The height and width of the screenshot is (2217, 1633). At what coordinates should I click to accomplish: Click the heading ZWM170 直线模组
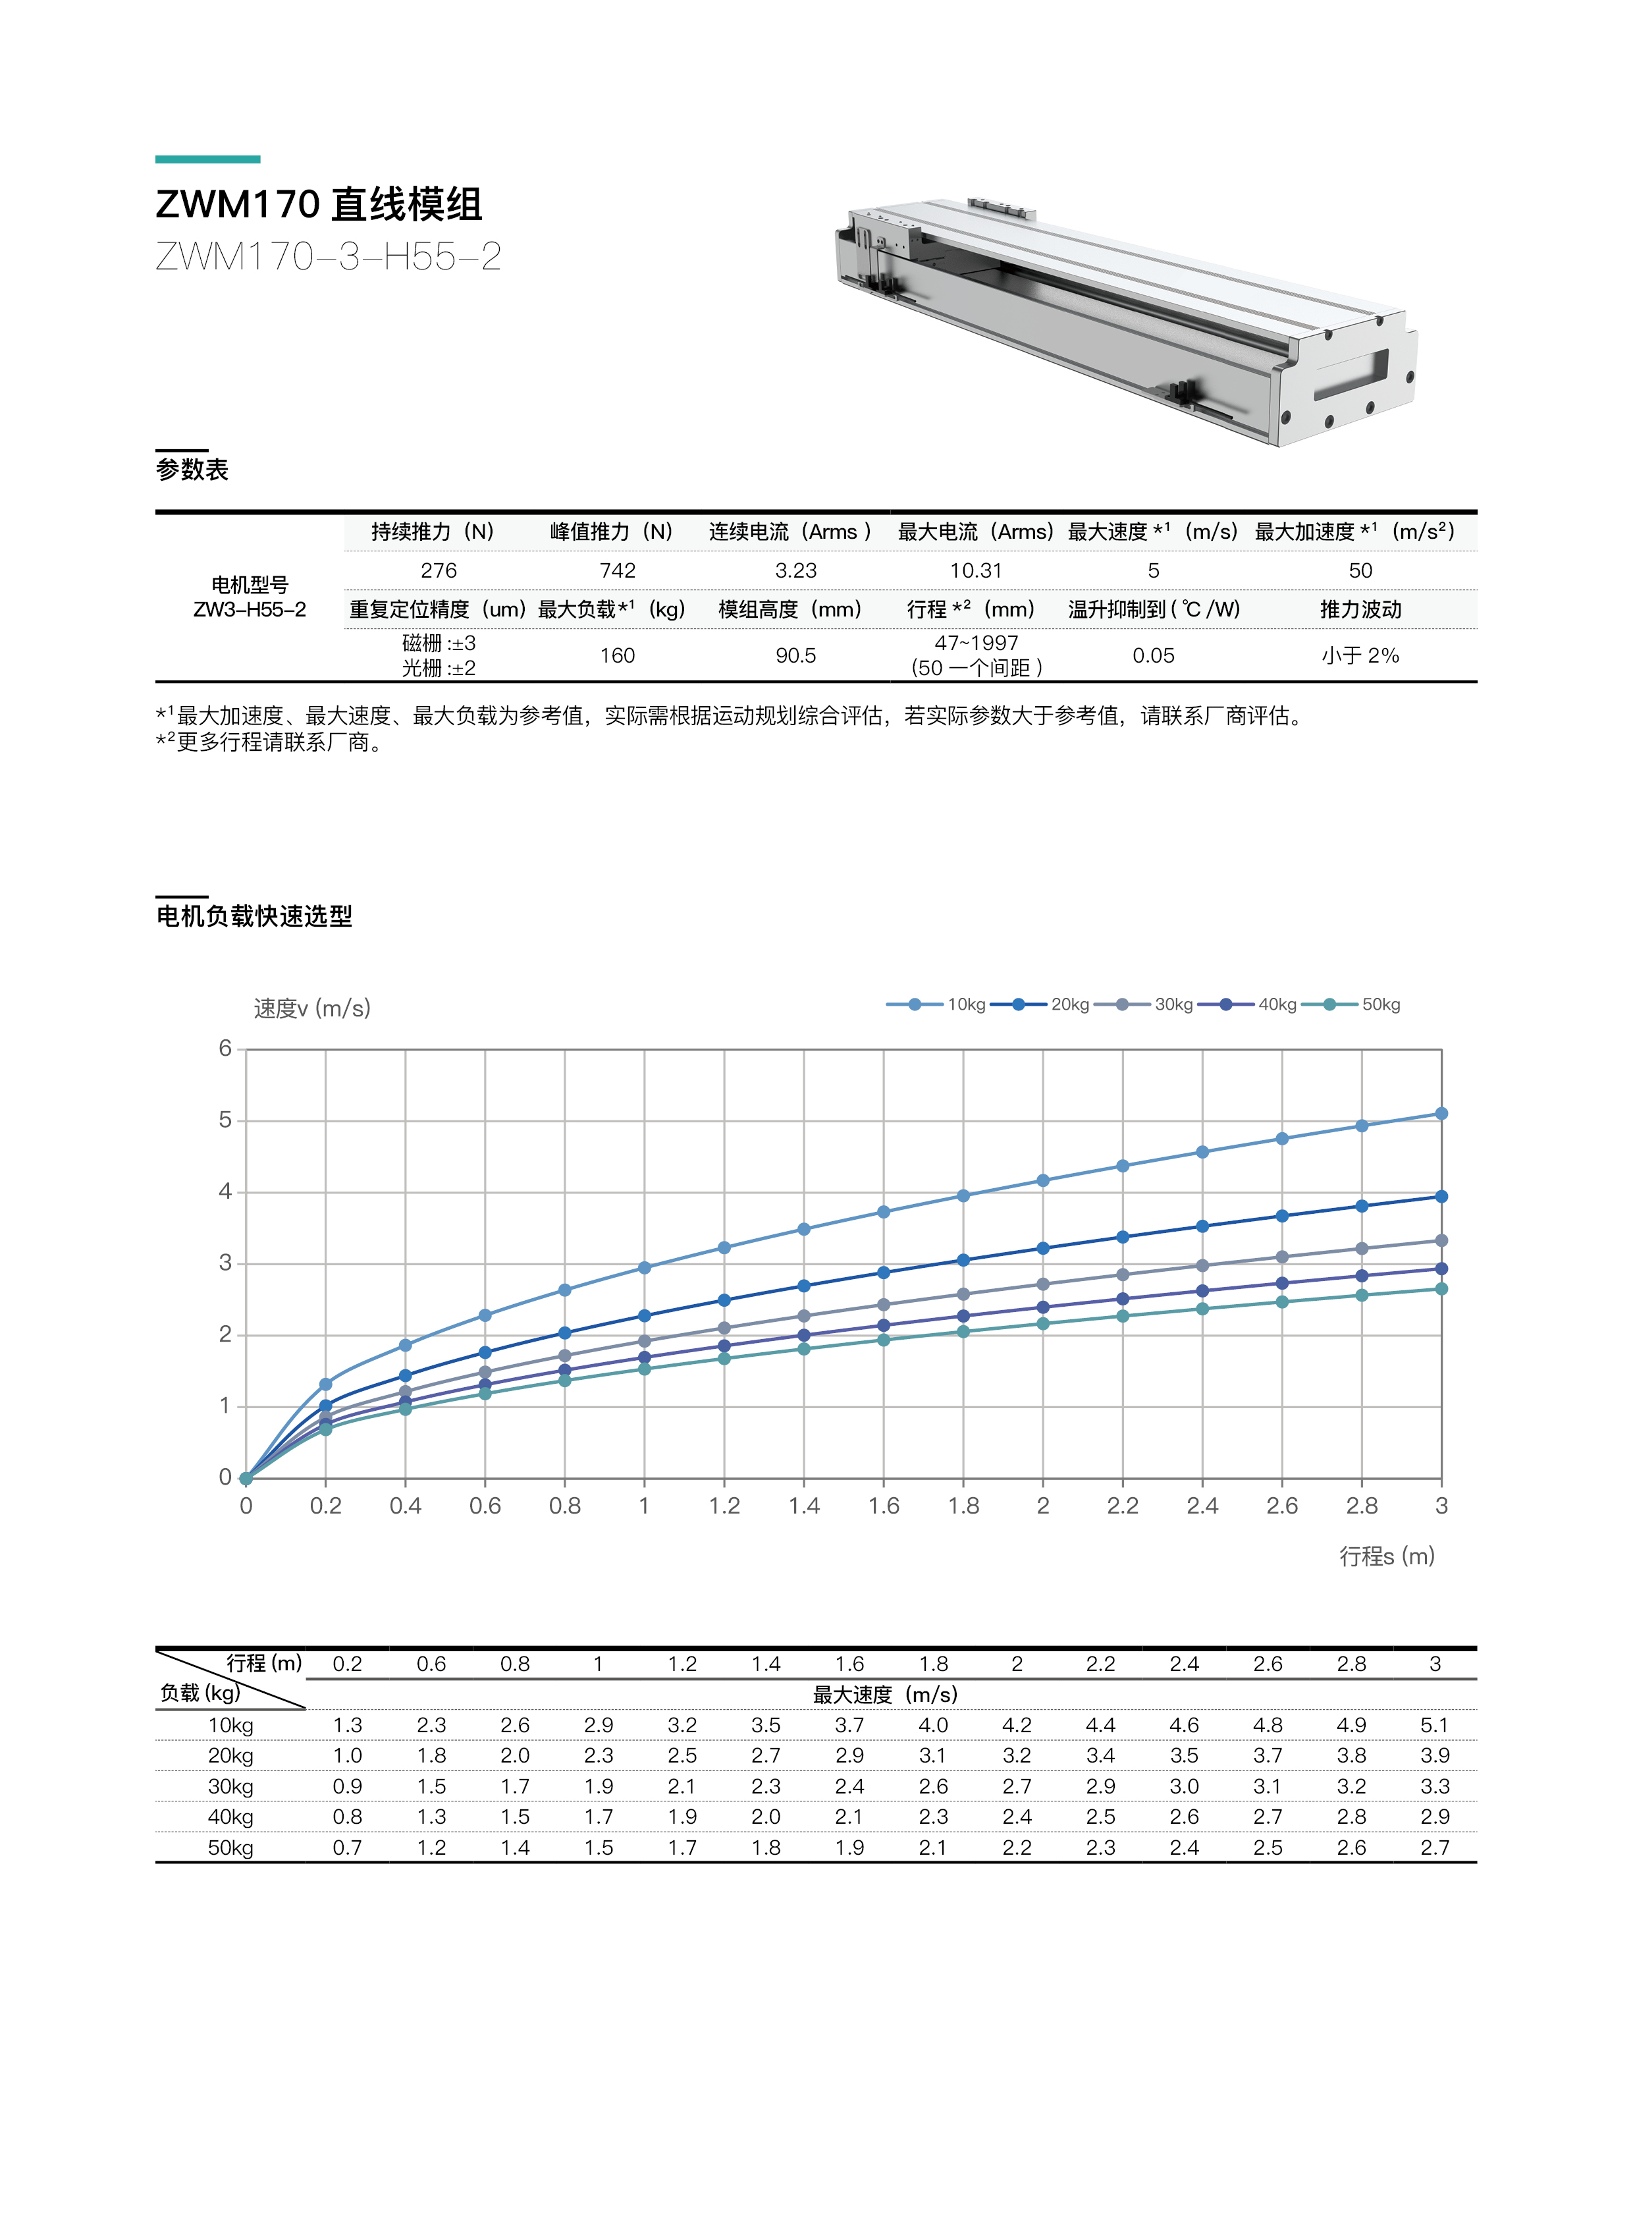[318, 205]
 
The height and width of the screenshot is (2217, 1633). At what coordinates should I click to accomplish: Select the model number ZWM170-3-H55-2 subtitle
[328, 257]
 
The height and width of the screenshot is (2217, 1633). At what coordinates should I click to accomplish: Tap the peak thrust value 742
[617, 570]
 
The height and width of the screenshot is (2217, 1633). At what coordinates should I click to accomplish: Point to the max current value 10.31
[976, 570]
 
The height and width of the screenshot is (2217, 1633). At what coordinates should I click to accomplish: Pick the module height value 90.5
[795, 655]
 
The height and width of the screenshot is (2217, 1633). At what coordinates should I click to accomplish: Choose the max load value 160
[617, 655]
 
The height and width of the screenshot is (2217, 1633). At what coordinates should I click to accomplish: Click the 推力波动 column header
[1360, 609]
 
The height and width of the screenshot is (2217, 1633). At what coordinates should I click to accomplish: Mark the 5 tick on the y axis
[225, 1120]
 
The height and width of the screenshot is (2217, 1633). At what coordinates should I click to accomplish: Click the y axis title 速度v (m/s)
[312, 1008]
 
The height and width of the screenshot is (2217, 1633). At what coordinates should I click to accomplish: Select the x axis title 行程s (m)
[1386, 1556]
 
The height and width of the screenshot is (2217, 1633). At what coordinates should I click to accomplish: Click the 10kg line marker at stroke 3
[1441, 1114]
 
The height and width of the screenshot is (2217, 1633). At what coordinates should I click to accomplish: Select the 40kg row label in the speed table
[230, 1817]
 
